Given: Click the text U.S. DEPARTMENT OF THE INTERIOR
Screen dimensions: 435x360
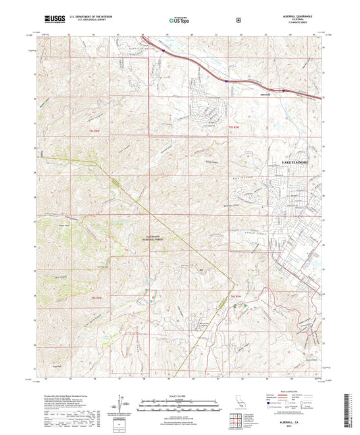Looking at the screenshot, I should point(93,18).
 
